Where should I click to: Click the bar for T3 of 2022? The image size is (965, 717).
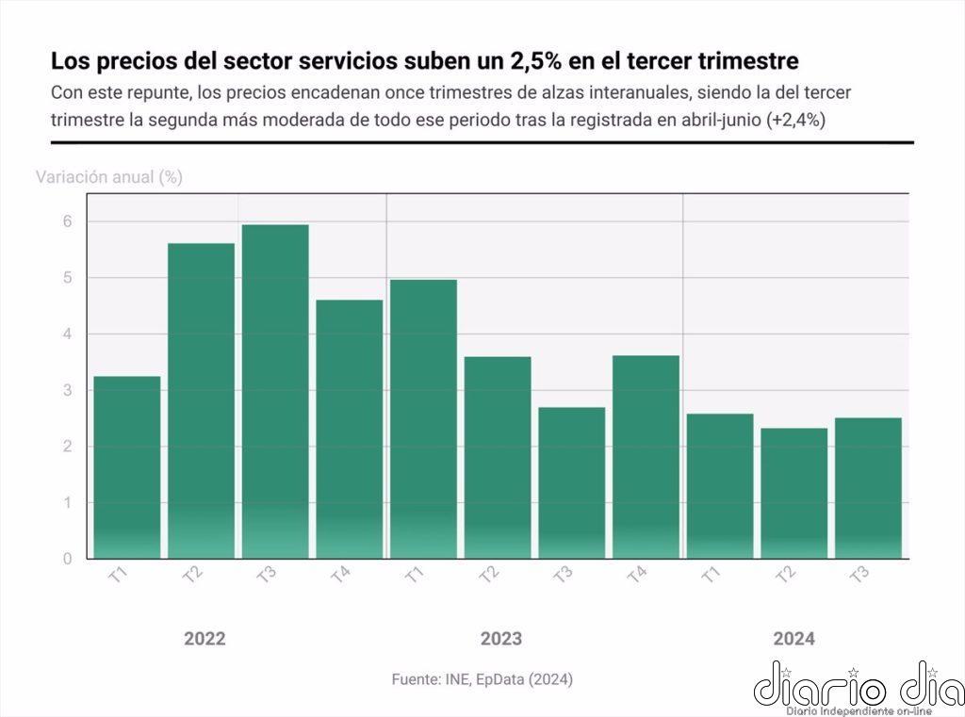point(275,391)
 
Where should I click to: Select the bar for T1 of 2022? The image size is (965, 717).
point(127,467)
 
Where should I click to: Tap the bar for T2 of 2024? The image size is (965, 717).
point(794,493)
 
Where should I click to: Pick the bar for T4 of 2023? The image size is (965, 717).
point(646,457)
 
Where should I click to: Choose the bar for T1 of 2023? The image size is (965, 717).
point(423,418)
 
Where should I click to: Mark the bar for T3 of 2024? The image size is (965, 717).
point(868,488)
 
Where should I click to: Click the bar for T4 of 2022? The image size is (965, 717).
point(350,429)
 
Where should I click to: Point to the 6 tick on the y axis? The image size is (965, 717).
point(67,222)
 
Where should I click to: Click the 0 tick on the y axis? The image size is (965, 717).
point(67,559)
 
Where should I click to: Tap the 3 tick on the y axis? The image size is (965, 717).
point(67,390)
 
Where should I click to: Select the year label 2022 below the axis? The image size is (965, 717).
point(204,639)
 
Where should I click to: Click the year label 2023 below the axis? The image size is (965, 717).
point(501,639)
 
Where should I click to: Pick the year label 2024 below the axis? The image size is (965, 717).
point(794,639)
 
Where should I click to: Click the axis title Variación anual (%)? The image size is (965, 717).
point(109,176)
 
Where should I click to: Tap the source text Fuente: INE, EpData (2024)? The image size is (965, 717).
point(482,679)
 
